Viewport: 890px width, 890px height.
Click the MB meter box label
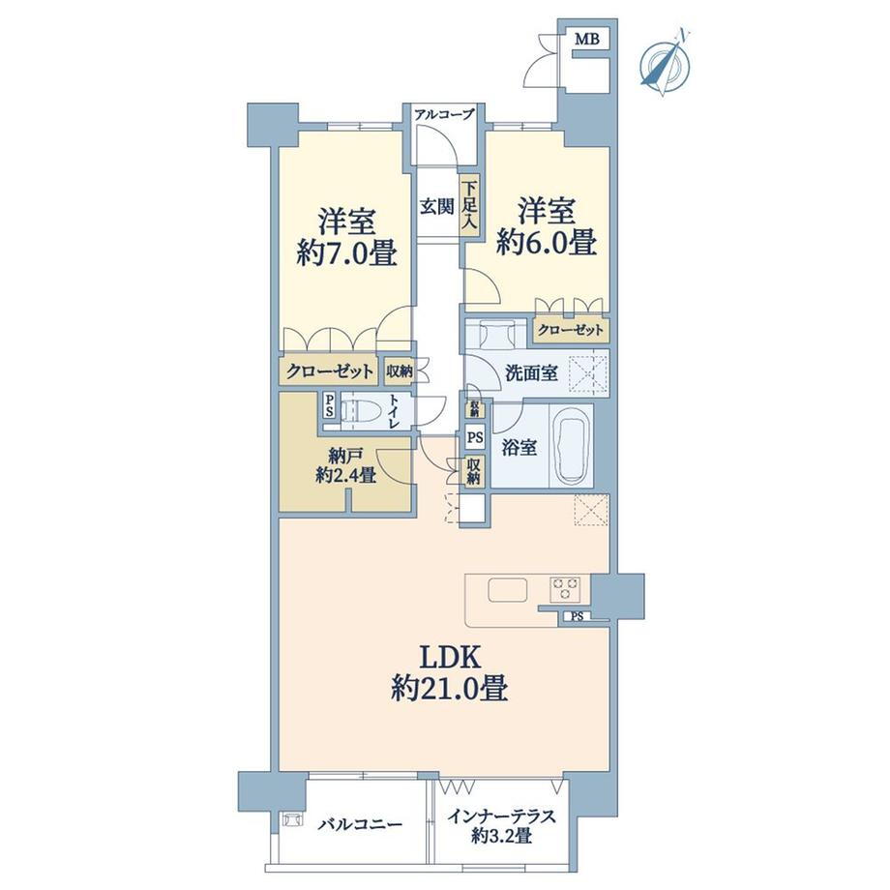point(587,40)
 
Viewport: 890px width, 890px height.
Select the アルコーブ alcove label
point(444,115)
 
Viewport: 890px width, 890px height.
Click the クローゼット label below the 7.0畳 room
point(329,371)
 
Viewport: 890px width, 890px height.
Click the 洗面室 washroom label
point(530,373)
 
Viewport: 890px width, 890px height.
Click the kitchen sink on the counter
point(506,589)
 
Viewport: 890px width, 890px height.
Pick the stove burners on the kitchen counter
point(565,588)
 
